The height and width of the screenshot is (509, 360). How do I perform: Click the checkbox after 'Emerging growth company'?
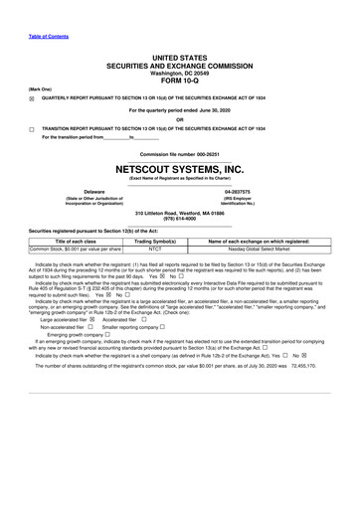coord(107,335)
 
